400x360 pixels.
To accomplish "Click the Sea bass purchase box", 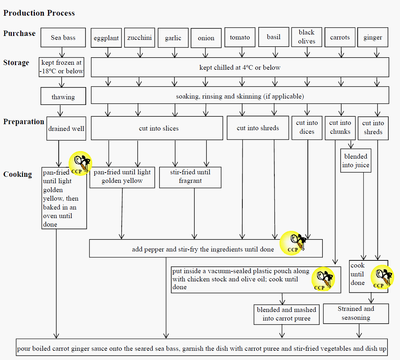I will (x=63, y=37).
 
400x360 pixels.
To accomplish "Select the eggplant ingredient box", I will (x=106, y=38).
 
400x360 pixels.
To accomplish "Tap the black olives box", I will (x=306, y=37).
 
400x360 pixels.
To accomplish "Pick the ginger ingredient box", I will (x=373, y=37).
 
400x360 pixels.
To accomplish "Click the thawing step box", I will (x=63, y=97).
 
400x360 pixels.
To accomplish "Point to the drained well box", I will (x=66, y=128).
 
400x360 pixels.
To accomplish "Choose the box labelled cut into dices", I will (x=307, y=127).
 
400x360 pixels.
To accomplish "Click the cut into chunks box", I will (x=340, y=127).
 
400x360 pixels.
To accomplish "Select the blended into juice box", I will (x=356, y=160).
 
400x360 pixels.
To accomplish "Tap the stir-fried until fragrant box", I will (x=190, y=176).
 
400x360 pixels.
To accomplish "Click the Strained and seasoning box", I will (x=356, y=313).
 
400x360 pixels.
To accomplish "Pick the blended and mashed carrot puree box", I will (x=286, y=314).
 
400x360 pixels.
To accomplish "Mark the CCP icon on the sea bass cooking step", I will (x=80, y=163).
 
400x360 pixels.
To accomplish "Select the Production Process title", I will (x=39, y=13).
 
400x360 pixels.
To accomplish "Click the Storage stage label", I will (x=16, y=63).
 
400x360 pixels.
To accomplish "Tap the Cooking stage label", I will (x=17, y=174).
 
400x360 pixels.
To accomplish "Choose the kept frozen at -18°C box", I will (x=62, y=67).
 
